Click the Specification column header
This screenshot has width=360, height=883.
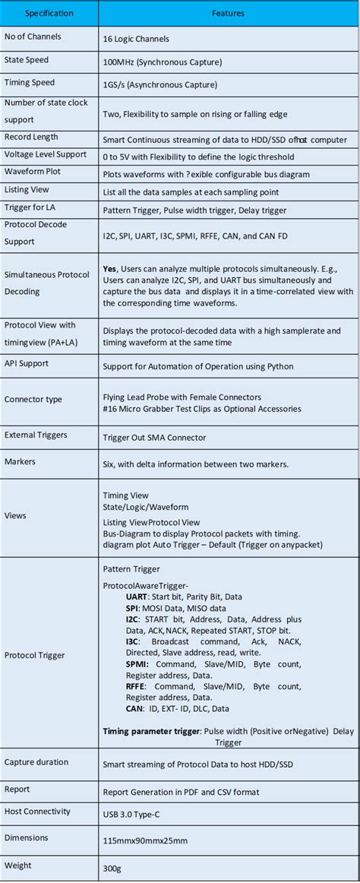49,14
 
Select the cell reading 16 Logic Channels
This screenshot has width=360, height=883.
137,37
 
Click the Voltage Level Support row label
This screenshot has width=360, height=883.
46,154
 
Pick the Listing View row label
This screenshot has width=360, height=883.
27,189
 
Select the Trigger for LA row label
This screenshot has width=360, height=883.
30,207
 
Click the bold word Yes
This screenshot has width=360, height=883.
109,268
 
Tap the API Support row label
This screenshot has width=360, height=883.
27,363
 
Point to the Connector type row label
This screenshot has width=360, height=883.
33,400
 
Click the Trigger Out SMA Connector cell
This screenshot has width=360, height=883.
156,438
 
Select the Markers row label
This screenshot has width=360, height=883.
20,461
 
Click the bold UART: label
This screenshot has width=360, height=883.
138,597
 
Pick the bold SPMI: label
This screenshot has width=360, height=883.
138,663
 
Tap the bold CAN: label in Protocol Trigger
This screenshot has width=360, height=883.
136,708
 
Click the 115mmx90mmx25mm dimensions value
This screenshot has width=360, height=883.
145,840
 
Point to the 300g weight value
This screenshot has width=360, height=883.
112,867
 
